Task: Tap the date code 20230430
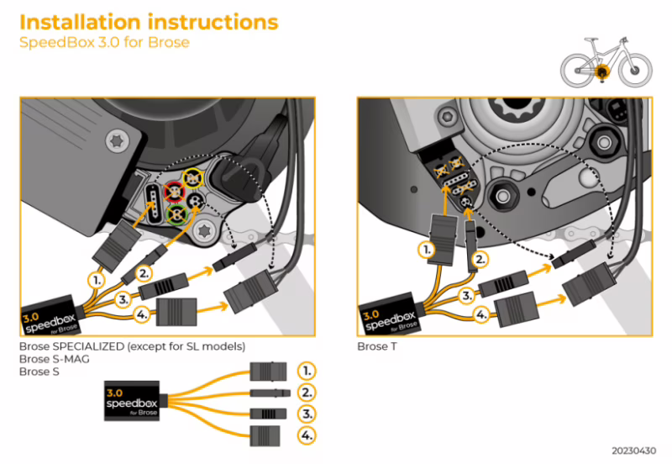(631, 451)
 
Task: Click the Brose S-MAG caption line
(55, 359)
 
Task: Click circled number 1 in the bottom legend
(308, 370)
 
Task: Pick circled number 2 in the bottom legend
(308, 392)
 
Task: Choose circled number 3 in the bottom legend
(308, 414)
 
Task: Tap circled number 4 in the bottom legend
(308, 435)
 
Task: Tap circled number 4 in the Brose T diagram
(480, 316)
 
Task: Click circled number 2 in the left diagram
(144, 272)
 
